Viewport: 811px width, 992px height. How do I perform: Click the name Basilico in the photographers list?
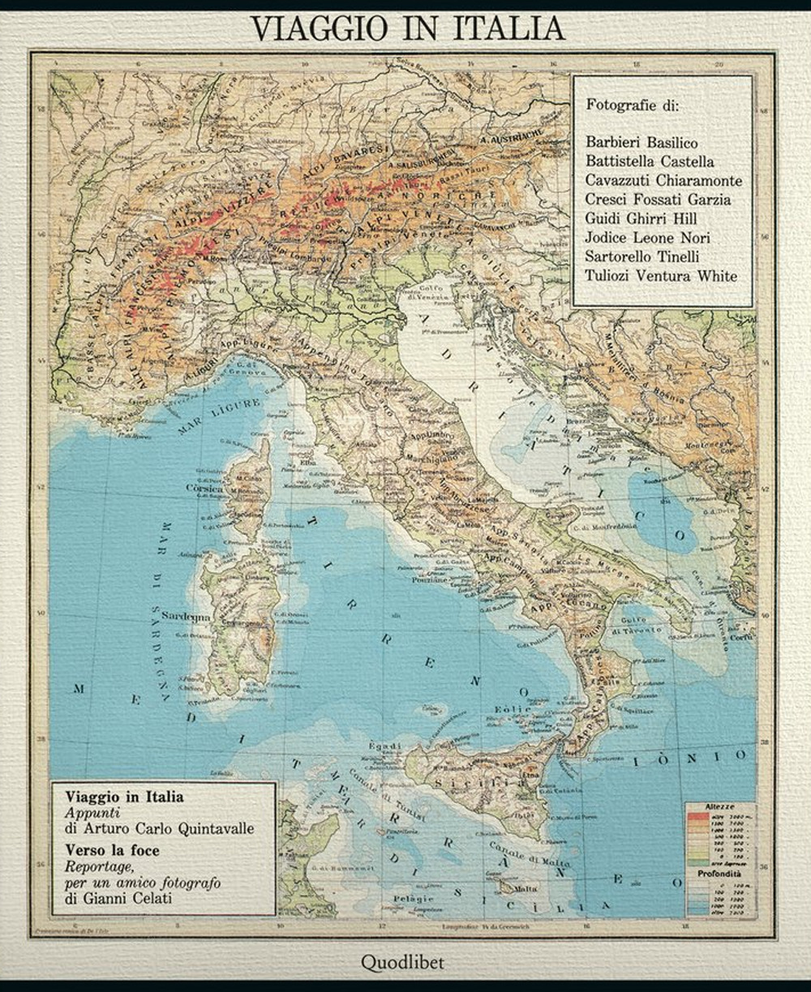point(670,142)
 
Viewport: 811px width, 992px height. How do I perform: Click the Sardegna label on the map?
point(186,616)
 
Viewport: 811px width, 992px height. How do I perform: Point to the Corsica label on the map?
point(204,490)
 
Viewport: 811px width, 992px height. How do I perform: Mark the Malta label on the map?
point(526,889)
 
